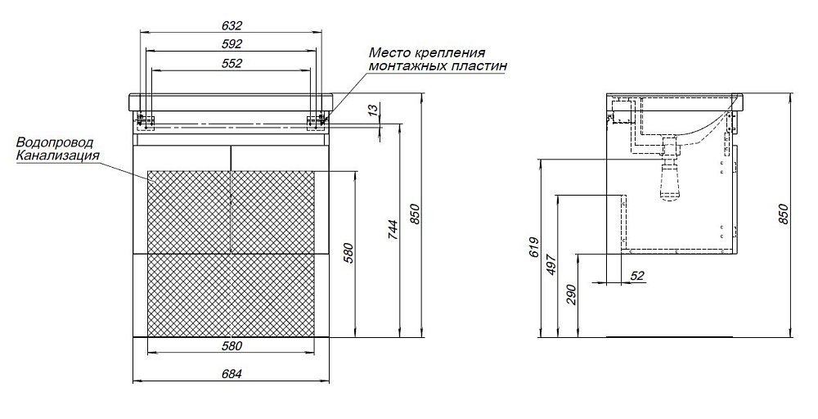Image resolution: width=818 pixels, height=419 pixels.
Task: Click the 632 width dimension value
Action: pos(232,25)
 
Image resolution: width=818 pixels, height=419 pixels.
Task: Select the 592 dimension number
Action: pos(232,44)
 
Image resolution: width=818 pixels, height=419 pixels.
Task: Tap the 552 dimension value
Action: pos(232,63)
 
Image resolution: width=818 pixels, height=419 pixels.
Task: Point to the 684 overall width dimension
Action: pos(232,374)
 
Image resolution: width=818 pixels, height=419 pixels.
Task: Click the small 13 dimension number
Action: pos(372,111)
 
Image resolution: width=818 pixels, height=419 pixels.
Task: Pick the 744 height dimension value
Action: pos(393,230)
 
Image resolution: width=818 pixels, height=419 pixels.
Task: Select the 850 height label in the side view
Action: pos(783,214)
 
